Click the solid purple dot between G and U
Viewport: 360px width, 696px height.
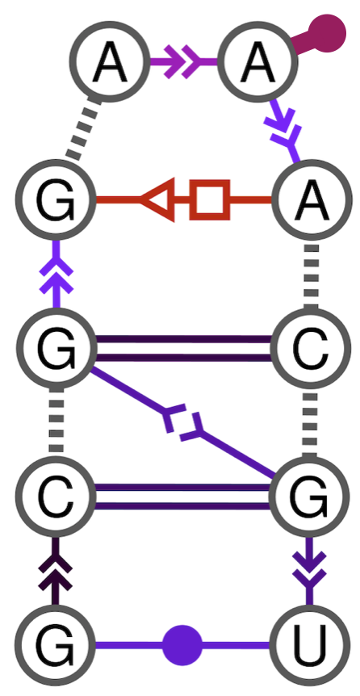[182, 646]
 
